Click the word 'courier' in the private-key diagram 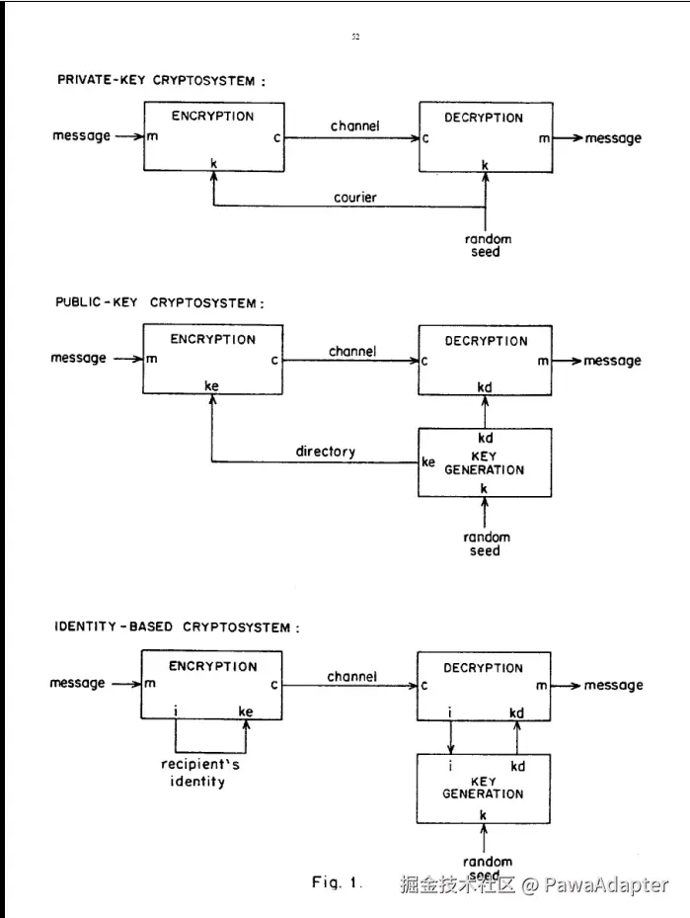coord(355,198)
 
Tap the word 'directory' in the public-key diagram coord(325,452)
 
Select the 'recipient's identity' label coord(200,773)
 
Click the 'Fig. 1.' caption coord(337,882)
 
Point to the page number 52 coord(355,37)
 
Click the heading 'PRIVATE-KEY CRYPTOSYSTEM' coord(161,80)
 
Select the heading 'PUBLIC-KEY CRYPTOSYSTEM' coord(160,302)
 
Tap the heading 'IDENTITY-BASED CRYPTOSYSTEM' coord(177,627)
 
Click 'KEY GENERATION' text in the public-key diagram coord(484,463)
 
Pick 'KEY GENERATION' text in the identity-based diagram coord(483,788)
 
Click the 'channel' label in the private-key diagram coord(355,125)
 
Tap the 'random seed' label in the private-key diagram coord(488,245)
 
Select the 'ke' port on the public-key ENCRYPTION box coord(211,385)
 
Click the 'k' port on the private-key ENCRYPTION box coord(214,163)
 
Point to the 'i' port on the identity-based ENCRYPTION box coord(176,711)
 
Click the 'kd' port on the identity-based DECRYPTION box coord(516,712)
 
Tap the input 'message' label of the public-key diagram coord(78,358)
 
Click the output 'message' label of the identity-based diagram coord(613,685)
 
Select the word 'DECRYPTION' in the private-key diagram coord(484,118)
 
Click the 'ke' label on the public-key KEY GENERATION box coord(428,461)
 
